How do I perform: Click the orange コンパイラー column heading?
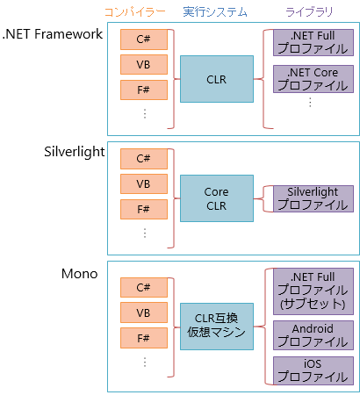coord(135,12)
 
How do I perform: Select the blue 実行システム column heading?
coord(215,12)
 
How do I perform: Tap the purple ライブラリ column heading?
coord(309,12)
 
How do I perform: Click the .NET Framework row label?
coord(53,34)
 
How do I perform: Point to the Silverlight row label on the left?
coord(75,152)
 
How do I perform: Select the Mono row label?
coord(80,274)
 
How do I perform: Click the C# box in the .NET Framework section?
coord(144,39)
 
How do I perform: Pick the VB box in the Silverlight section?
coord(144,184)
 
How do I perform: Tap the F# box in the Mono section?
coord(144,338)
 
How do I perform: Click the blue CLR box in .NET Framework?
coord(217,79)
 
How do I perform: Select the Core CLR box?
coord(217,198)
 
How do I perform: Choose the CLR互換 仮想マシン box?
coord(217,327)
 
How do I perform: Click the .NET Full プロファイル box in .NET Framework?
coord(313,42)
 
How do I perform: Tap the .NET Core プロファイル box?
coord(313,79)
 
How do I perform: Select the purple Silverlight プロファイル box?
coord(313,198)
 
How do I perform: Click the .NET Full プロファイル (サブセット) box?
coord(313,291)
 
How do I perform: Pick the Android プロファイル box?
coord(313,335)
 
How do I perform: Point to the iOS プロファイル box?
coord(313,370)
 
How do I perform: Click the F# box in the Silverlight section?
coord(144,209)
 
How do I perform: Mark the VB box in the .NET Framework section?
coord(144,64)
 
